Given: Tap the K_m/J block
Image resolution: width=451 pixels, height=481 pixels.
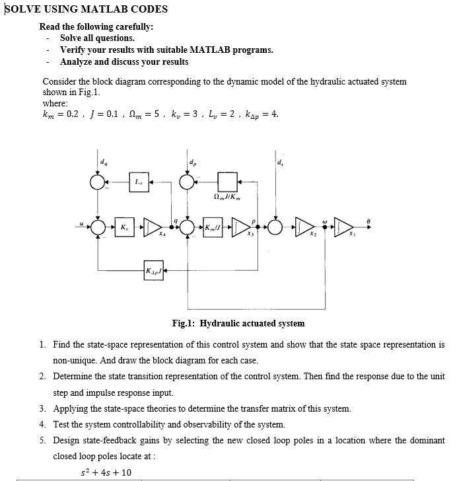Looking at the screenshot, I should click(213, 227).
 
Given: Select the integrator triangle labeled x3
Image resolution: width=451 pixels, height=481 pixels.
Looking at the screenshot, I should click(242, 227).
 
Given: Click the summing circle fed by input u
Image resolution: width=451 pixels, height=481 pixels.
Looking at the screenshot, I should click(98, 227).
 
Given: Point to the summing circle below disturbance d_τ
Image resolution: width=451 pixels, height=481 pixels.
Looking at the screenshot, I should click(278, 227).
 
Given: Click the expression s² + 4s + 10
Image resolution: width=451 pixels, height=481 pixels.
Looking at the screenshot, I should click(106, 472).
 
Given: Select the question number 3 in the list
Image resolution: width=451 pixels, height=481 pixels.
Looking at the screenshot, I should click(42, 408).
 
